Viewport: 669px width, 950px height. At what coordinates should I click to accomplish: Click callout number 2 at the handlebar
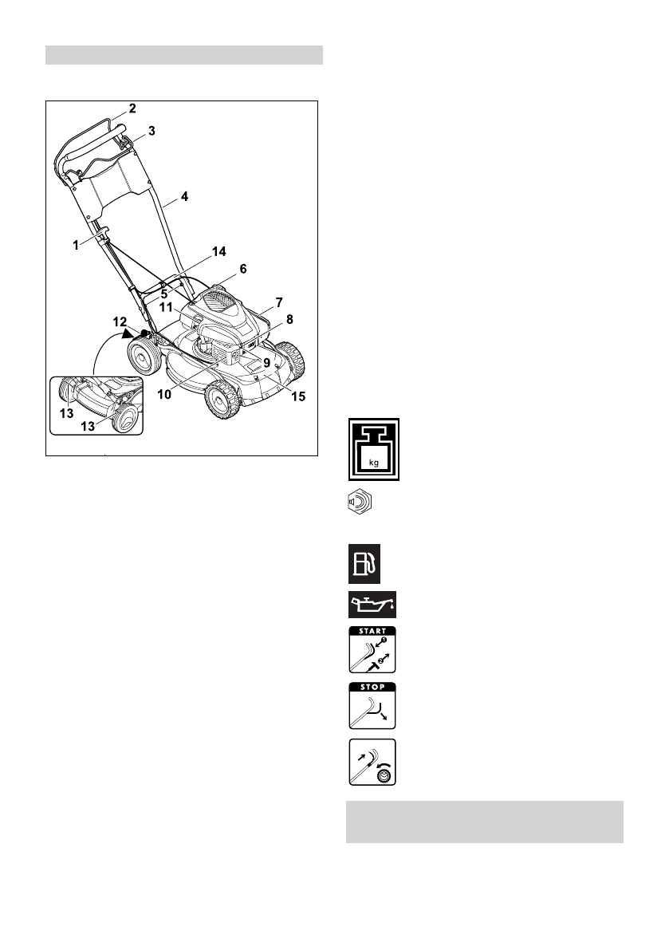tap(133, 108)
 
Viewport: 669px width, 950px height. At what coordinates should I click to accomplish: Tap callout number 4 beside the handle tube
tap(184, 195)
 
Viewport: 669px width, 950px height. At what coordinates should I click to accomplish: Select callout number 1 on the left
tap(77, 246)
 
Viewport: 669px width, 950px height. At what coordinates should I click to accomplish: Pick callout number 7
tap(280, 302)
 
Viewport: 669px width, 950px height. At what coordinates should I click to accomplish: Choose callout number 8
tap(289, 319)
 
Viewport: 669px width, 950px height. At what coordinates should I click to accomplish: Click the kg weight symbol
tap(372, 450)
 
